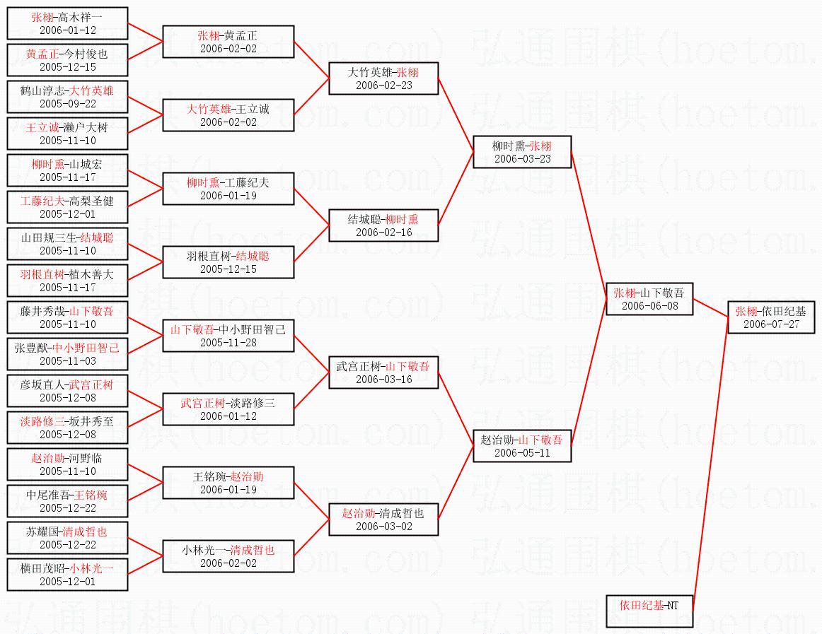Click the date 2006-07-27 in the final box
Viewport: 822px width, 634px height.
click(771, 324)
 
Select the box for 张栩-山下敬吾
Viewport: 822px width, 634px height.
click(649, 299)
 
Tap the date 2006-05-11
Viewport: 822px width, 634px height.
click(522, 453)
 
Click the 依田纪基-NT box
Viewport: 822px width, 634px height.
click(649, 611)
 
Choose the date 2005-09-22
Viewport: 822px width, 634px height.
click(68, 104)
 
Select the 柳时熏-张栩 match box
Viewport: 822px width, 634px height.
click(522, 152)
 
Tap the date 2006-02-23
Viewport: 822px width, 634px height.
click(383, 86)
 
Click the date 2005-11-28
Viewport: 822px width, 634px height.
click(228, 343)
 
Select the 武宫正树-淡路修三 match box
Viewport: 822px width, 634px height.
click(228, 409)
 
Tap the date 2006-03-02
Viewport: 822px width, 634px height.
click(383, 527)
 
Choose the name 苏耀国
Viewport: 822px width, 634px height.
click(42, 532)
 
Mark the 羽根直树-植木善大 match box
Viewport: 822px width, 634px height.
click(67, 281)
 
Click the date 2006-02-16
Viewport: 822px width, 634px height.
click(383, 232)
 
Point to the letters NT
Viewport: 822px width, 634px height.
click(673, 606)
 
